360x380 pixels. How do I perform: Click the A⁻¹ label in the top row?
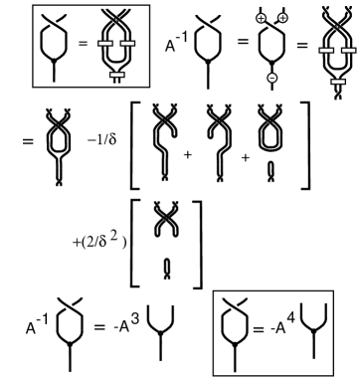[x=178, y=43]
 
